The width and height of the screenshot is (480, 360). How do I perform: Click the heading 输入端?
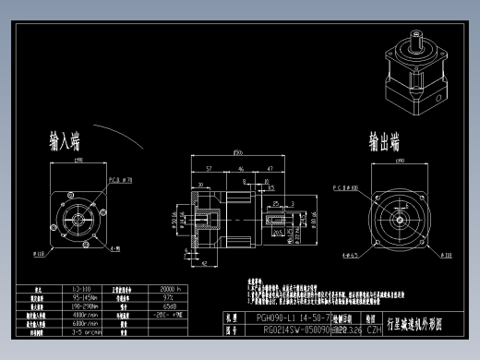(x=65, y=141)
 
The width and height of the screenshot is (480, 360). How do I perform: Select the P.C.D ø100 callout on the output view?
(x=348, y=186)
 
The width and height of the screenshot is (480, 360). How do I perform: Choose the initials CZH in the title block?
(x=375, y=327)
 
